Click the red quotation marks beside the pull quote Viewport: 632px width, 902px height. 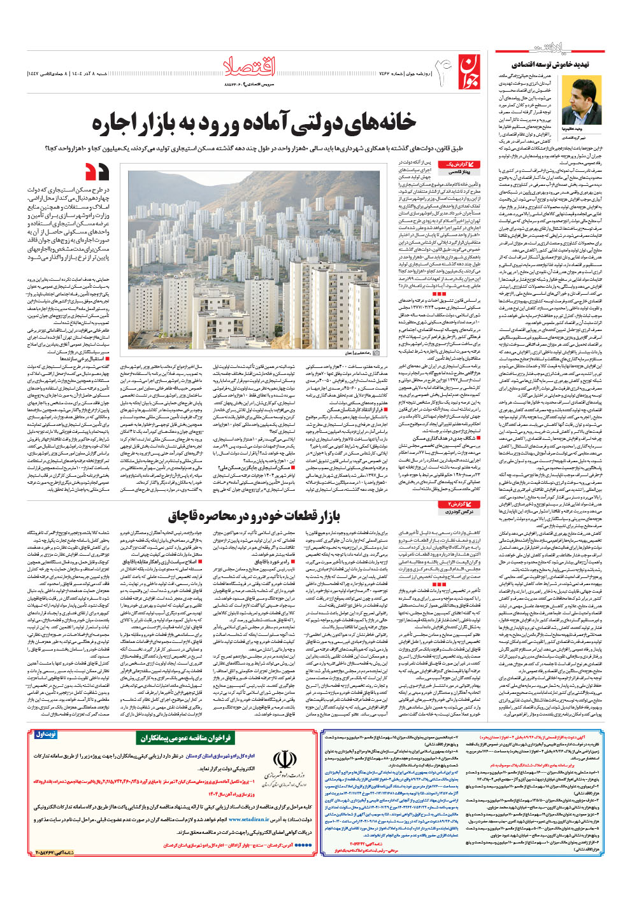(x=97, y=172)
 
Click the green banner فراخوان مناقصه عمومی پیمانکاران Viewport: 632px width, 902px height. (x=185, y=738)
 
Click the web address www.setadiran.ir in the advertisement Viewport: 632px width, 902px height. (x=248, y=820)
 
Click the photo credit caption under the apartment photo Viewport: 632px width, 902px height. (x=359, y=352)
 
